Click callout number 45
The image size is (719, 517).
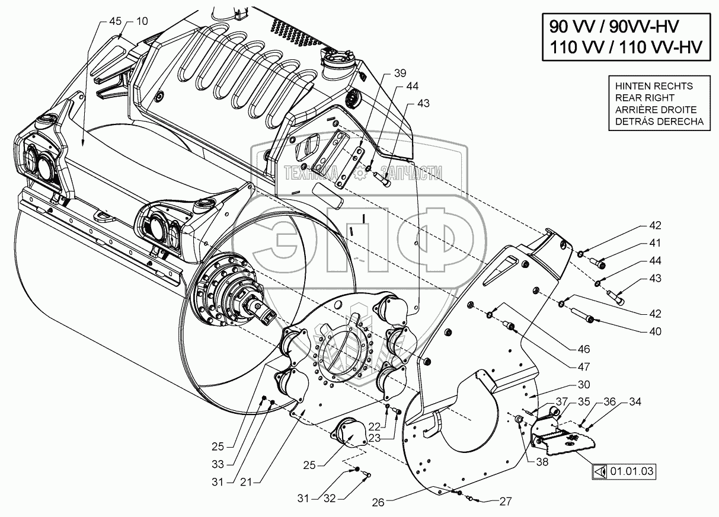116,21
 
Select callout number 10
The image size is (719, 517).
142,21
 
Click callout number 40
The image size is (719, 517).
654,331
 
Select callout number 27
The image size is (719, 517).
504,502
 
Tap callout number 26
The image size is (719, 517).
379,502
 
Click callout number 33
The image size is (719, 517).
219,464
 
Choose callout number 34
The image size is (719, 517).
635,402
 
